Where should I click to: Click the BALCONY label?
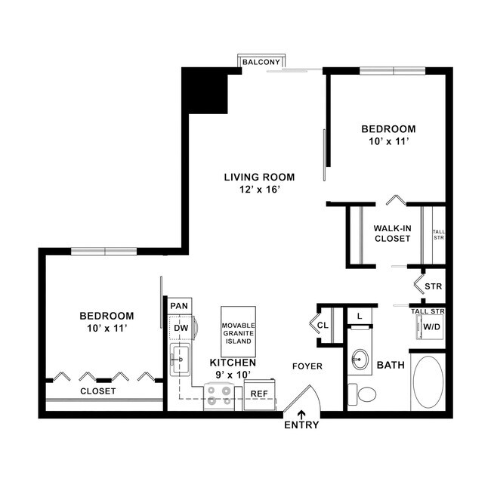point(261,62)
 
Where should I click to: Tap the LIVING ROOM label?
point(259,178)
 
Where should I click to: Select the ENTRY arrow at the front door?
point(301,413)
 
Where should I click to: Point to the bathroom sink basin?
point(361,359)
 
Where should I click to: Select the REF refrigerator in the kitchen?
point(259,394)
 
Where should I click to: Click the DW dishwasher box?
point(180,328)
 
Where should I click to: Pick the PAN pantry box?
point(179,305)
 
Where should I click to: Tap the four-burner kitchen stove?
point(219,395)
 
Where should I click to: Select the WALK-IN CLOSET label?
point(392,233)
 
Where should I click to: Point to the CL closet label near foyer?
point(323,326)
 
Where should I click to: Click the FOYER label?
point(307,366)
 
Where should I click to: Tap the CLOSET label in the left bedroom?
point(98,391)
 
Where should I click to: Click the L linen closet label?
point(360,315)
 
